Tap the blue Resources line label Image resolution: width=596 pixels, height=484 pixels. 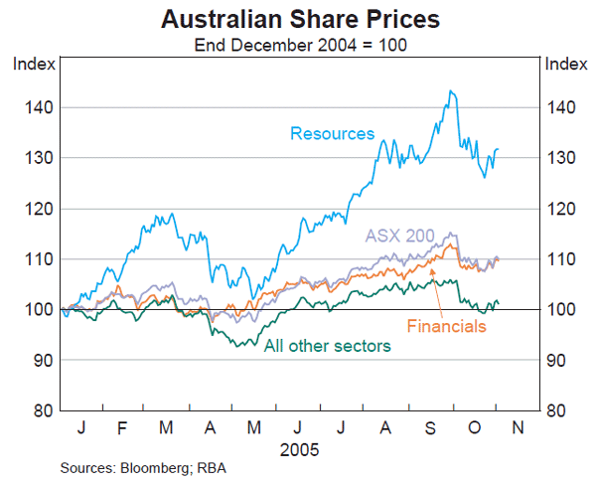333,133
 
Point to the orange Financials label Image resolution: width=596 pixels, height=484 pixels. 446,324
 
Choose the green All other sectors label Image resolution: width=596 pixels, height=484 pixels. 327,345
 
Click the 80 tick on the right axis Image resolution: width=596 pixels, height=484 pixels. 558,410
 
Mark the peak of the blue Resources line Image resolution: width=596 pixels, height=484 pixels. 451,91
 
